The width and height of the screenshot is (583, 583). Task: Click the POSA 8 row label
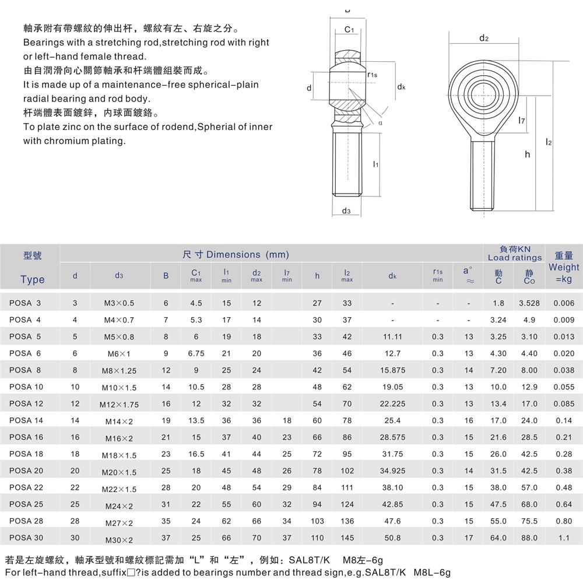pos(25,370)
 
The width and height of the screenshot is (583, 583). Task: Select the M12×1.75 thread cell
pos(119,405)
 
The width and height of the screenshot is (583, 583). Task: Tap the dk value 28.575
pos(392,437)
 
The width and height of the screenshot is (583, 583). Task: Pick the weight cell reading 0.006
pos(564,303)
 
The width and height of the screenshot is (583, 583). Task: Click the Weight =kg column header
pos(564,267)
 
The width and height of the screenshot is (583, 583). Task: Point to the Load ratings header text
pos(515,257)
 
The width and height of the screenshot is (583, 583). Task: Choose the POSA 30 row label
pos(26,538)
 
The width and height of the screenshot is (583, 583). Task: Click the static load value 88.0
pos(529,538)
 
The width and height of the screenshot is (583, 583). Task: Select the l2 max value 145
pos(347,538)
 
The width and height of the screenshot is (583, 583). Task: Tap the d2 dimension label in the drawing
pos(483,38)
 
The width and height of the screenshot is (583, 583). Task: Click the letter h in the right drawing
pos(527,154)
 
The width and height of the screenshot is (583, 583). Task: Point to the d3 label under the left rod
pos(346,210)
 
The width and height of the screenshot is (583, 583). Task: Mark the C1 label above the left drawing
pos(349,30)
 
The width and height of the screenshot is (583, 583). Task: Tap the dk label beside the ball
pos(401,87)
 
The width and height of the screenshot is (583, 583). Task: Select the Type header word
pos(32,279)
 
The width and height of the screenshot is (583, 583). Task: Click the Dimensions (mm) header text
pos(236,254)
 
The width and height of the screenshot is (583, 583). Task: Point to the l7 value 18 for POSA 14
pos(287,420)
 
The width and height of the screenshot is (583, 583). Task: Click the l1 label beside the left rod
pos(376,165)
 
